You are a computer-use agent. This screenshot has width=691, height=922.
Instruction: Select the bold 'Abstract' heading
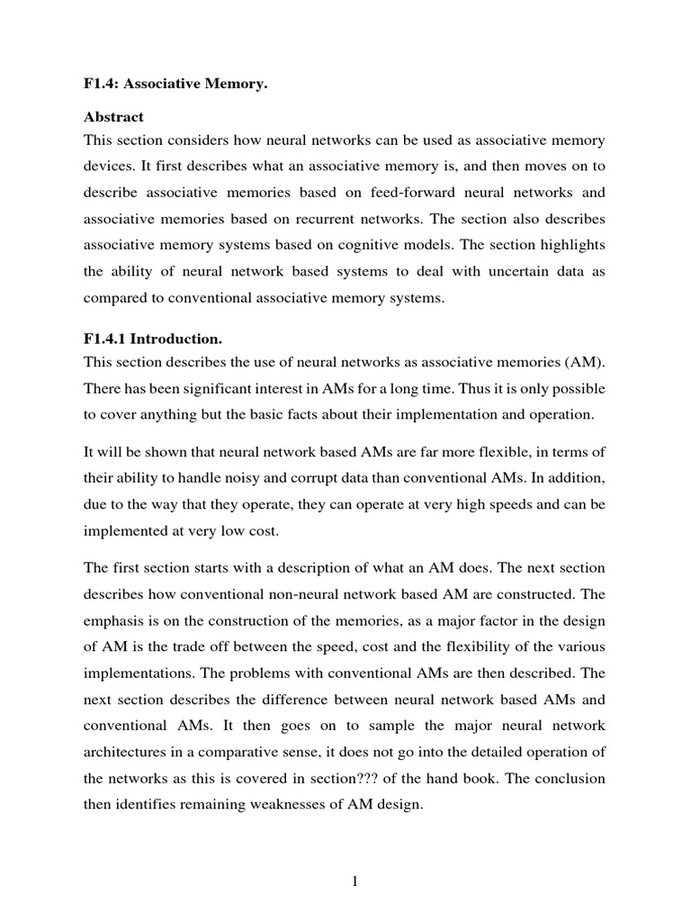point(113,117)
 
